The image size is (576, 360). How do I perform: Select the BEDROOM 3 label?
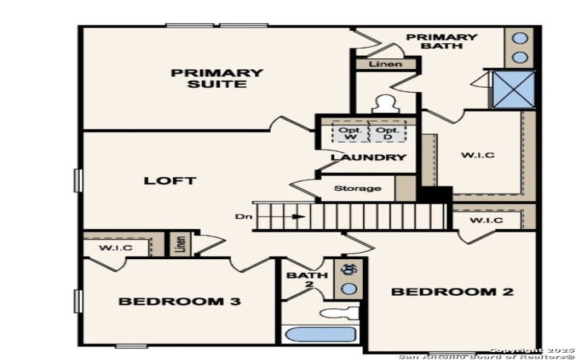point(179,301)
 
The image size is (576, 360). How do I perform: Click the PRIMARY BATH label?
point(441,42)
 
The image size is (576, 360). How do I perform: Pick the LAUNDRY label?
point(369,157)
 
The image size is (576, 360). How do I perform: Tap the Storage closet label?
point(358,189)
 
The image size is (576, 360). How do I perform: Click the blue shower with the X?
point(513,89)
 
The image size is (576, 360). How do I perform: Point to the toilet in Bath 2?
point(338,312)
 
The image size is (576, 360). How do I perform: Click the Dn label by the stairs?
point(243,216)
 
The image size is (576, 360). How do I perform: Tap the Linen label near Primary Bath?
point(385,65)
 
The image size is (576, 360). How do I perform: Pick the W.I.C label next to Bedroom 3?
point(116,248)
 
